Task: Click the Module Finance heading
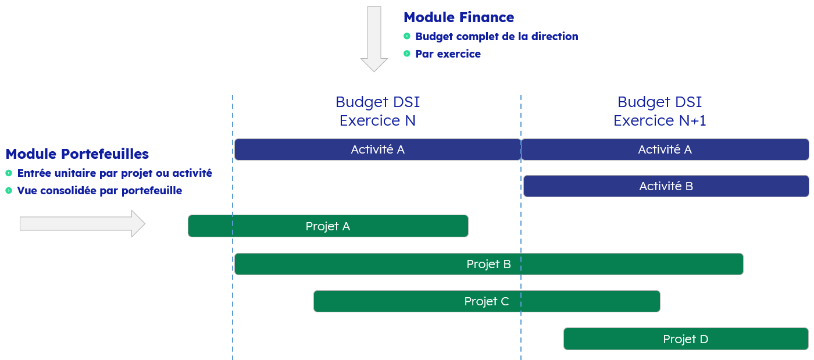459,17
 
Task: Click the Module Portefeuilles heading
77,154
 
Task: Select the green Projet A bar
328,226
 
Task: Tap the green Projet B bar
489,264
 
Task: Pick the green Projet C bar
487,301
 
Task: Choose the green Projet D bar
686,339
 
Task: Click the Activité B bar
666,186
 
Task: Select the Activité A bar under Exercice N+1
665,149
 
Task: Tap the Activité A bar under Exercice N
377,149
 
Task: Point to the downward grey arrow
374,39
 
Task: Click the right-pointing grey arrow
83,224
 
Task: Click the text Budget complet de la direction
497,37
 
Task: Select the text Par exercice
448,54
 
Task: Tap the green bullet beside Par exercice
407,54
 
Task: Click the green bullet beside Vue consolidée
9,190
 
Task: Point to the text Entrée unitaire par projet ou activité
115,173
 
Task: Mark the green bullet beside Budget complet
407,36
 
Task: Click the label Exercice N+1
659,120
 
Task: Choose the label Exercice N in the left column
377,120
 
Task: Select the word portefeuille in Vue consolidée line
152,191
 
